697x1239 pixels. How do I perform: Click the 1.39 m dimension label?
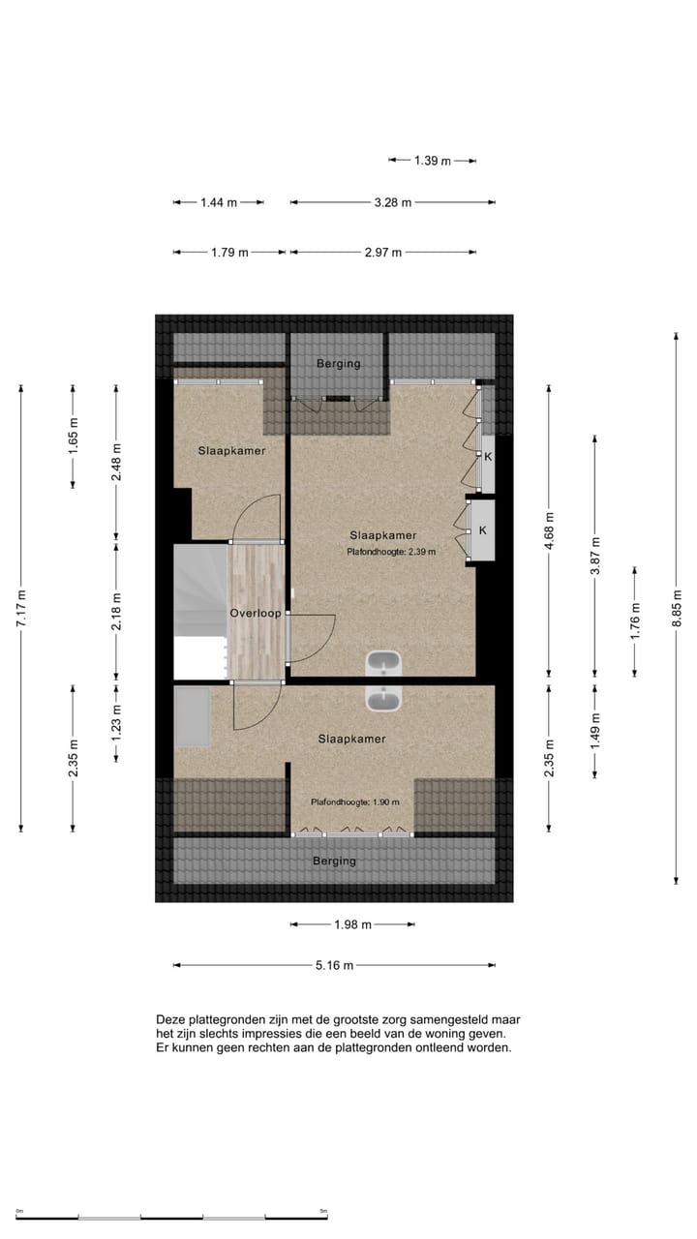(x=433, y=161)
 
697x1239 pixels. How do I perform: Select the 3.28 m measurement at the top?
(x=393, y=202)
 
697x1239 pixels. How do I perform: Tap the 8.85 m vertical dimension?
(x=677, y=608)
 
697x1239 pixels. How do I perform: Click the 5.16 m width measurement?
(x=334, y=965)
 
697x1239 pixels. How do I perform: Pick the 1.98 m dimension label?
(x=352, y=924)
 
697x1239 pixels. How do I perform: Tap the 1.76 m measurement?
(x=635, y=620)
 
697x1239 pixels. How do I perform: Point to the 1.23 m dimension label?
(x=116, y=723)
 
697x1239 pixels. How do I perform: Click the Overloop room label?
(x=255, y=614)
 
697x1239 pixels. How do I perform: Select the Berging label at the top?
(x=338, y=364)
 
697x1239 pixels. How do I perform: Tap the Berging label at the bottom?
(x=334, y=861)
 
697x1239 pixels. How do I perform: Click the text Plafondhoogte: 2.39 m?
(x=391, y=553)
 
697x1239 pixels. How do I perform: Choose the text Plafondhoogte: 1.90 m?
(x=354, y=802)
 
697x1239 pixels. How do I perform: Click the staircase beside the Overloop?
(x=199, y=610)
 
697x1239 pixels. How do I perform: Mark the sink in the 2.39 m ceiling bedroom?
(x=384, y=664)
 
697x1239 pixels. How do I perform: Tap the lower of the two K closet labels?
(x=482, y=530)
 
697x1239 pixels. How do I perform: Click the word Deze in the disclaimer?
(x=170, y=1019)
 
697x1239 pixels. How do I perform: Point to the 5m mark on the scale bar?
(x=323, y=1211)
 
